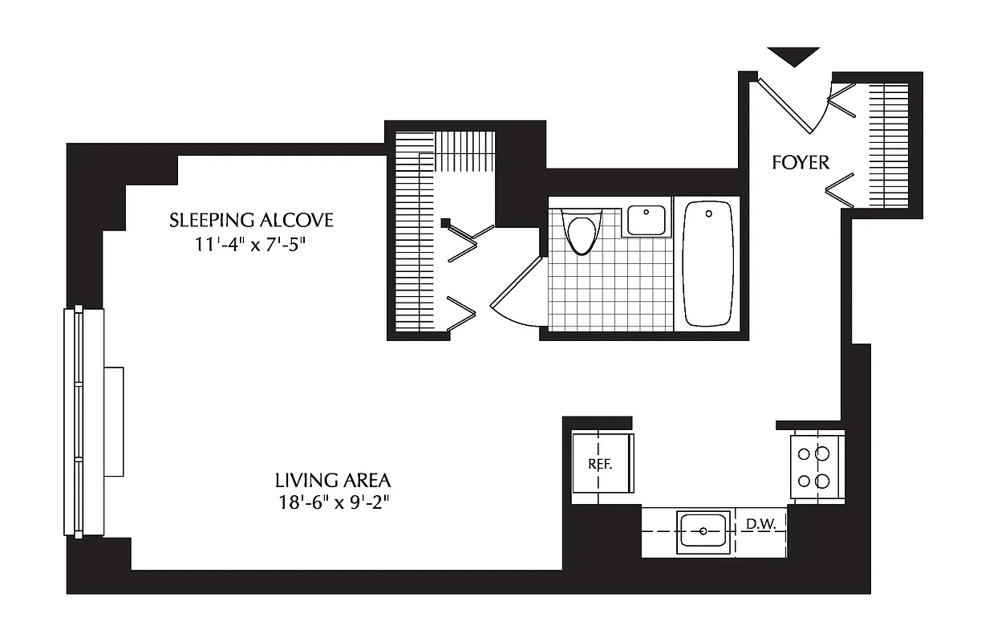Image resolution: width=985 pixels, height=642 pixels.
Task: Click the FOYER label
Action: point(800,162)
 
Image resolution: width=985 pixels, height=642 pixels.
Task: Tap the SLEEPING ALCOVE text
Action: point(251,220)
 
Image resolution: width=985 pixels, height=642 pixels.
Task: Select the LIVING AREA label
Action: point(333,481)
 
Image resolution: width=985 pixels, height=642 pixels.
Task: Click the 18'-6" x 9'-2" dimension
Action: point(333,503)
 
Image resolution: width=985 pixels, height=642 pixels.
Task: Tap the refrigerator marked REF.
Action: point(602,465)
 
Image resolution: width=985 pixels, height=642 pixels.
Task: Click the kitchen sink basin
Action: point(703,530)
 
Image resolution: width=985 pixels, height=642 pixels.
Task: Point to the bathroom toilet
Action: point(581,230)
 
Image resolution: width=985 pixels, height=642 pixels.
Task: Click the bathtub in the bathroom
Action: point(708,263)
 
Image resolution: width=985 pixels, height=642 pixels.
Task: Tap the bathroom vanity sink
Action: point(646,220)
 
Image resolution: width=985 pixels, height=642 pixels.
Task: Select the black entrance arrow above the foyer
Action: point(793,56)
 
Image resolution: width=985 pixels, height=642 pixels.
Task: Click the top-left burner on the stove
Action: point(803,454)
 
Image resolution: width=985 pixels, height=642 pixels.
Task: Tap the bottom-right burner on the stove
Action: point(821,481)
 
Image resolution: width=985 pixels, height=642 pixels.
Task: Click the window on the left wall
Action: point(75,421)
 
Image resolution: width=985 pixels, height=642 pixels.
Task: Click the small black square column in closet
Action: point(445,223)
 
